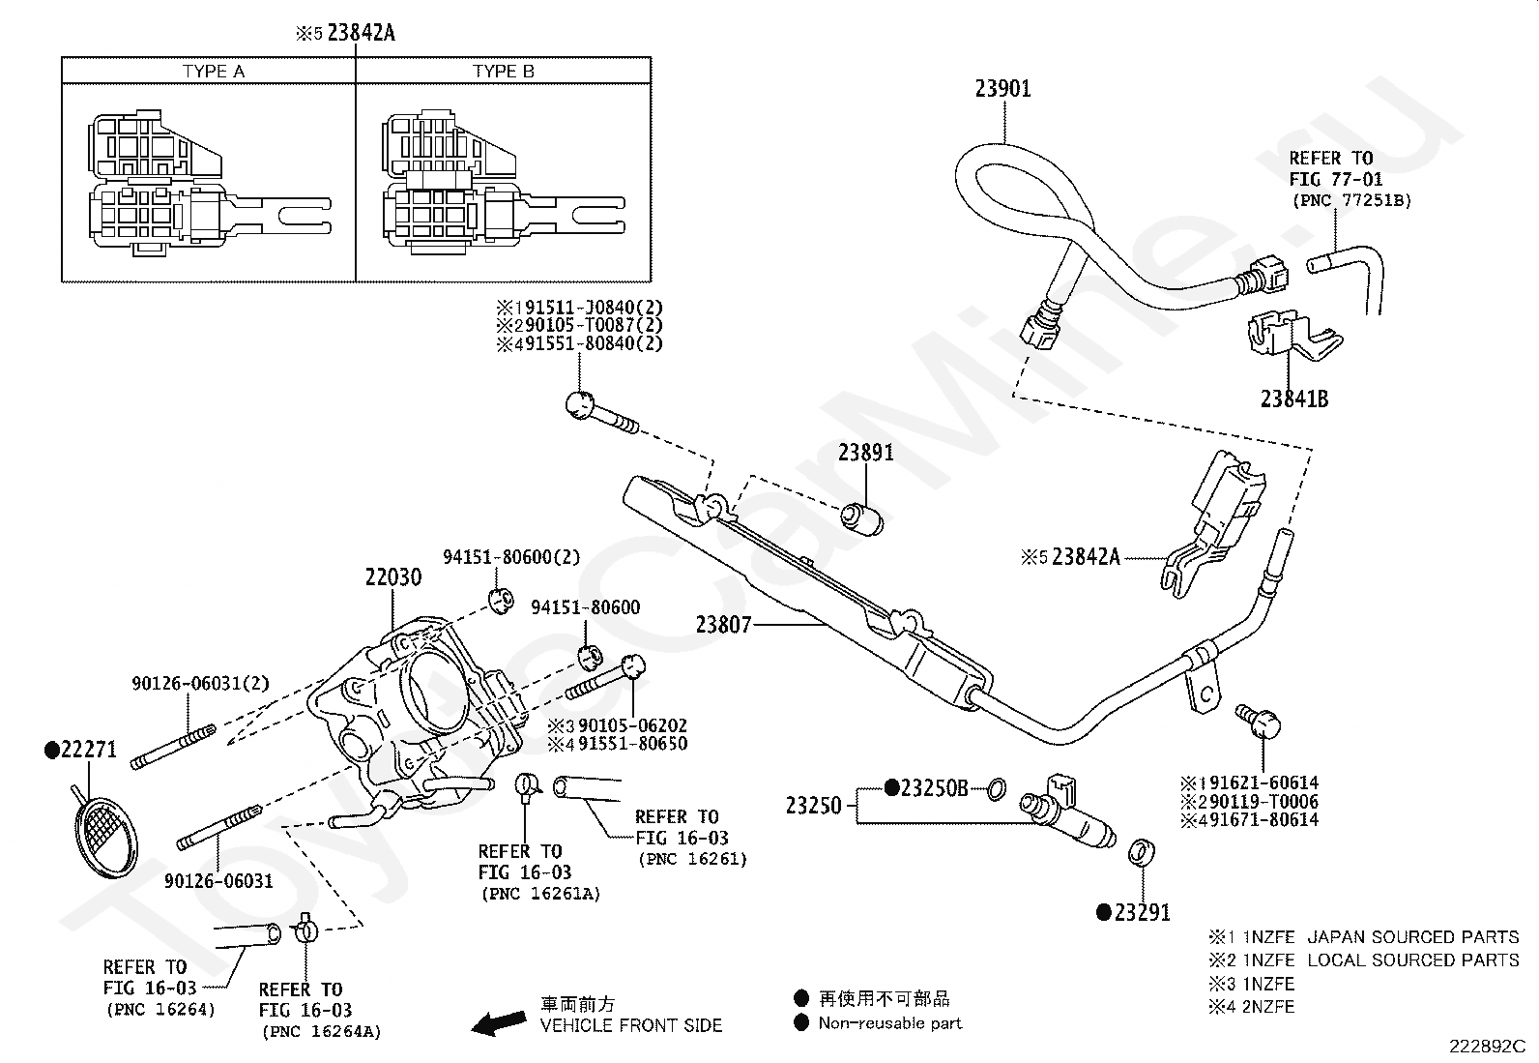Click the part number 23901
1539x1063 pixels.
click(x=1003, y=89)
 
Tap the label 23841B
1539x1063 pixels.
click(x=1294, y=399)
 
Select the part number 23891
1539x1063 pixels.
click(x=866, y=453)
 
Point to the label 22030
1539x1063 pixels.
click(x=393, y=576)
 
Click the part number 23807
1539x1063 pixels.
click(x=723, y=624)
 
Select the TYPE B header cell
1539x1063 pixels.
click(x=503, y=71)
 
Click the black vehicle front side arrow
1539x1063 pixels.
click(x=500, y=1023)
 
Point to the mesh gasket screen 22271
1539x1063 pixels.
click(x=105, y=837)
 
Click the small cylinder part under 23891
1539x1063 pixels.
click(x=862, y=519)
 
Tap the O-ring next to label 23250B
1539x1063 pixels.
click(x=997, y=790)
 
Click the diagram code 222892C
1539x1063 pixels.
click(x=1488, y=1046)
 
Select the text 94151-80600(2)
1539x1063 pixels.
click(x=511, y=557)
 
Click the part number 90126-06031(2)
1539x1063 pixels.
click(x=201, y=684)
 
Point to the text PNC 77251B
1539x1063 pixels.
click(x=1351, y=201)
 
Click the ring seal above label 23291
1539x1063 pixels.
click(x=1141, y=853)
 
